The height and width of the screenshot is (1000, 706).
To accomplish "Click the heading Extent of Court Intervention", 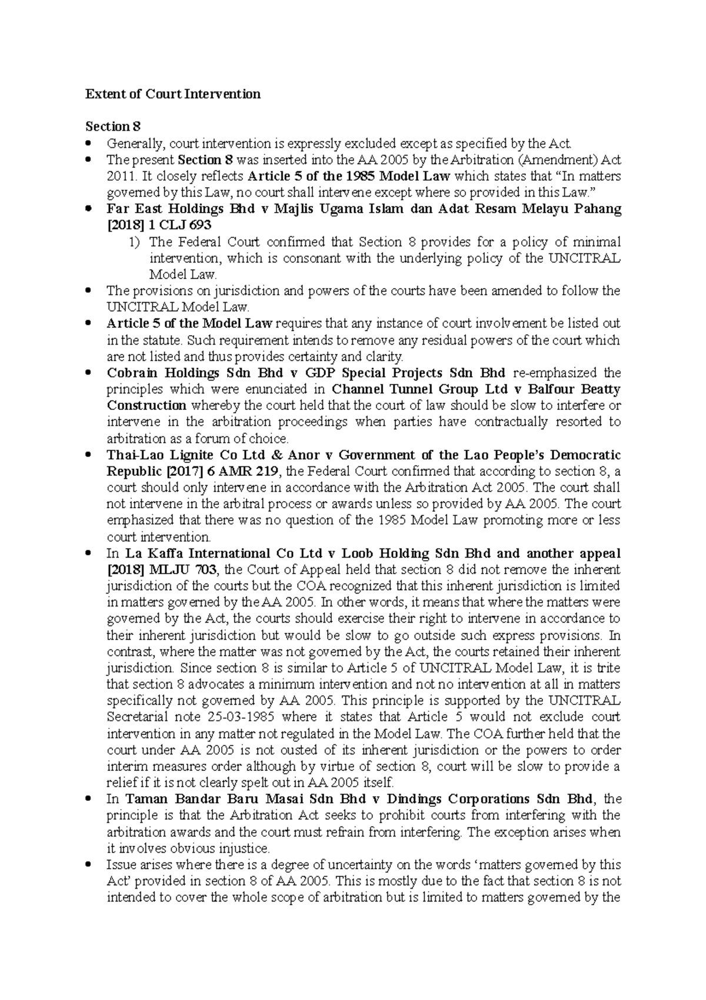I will coord(173,94).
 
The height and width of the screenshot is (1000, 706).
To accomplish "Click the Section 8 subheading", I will coord(113,127).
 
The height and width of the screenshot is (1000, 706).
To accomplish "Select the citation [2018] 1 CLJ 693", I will coord(159,225).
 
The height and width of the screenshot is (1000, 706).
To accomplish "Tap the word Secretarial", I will coord(135,717).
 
